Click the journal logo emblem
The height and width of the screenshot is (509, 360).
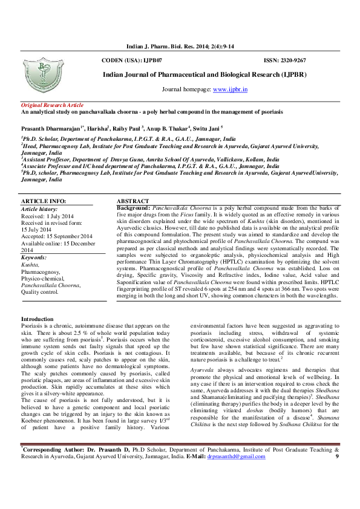click(50, 75)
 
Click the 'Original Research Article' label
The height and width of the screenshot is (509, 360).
click(52, 105)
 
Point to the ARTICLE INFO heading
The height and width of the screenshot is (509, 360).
click(44, 201)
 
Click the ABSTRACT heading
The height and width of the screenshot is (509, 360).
click(132, 201)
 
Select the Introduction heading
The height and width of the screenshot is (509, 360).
click(38, 319)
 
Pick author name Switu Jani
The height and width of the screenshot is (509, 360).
click(206, 128)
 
